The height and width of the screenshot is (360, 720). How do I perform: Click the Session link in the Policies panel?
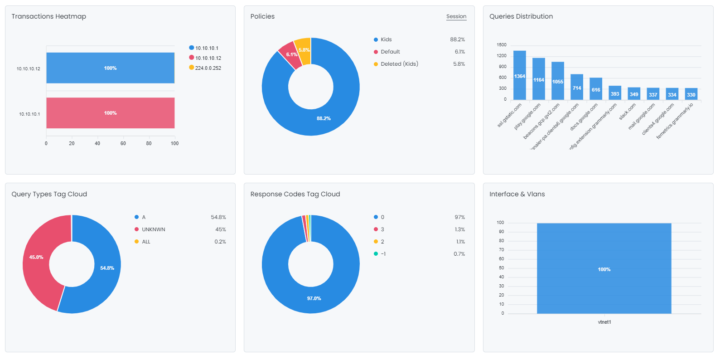pyautogui.click(x=456, y=16)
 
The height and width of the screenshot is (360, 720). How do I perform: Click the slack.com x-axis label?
pyautogui.click(x=627, y=112)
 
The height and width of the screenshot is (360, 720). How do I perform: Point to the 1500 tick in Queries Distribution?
pyautogui.click(x=501, y=45)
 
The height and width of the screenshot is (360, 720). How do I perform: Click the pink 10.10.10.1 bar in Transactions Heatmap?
pyautogui.click(x=110, y=113)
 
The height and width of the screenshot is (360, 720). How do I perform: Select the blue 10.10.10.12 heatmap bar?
pyautogui.click(x=110, y=68)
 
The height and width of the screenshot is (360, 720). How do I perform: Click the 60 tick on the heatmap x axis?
pyautogui.click(x=123, y=143)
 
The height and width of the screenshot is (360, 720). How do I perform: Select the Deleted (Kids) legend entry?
pyautogui.click(x=399, y=64)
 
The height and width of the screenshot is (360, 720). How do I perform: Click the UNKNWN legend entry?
pyautogui.click(x=153, y=229)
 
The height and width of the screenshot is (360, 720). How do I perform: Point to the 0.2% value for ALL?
pyautogui.click(x=220, y=242)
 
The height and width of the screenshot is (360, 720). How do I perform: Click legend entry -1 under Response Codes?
pyautogui.click(x=383, y=254)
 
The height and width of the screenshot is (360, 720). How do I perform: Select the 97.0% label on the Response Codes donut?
pyautogui.click(x=314, y=298)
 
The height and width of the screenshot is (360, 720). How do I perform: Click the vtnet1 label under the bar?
pyautogui.click(x=604, y=322)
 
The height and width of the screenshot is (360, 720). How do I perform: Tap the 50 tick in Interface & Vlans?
pyautogui.click(x=501, y=268)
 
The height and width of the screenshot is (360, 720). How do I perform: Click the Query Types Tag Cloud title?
pyautogui.click(x=49, y=194)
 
